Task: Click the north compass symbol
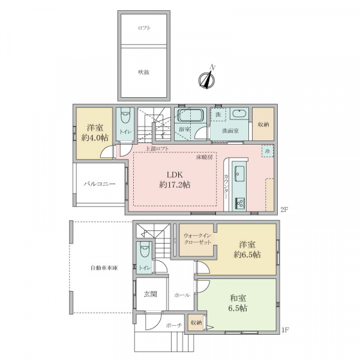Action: [x=207, y=79]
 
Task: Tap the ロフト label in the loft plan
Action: [x=144, y=28]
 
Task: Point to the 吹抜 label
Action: [x=144, y=73]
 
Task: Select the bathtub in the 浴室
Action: [x=190, y=115]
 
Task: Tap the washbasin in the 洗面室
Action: [x=239, y=113]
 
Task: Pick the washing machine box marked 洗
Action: [x=218, y=115]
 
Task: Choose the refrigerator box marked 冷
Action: [x=268, y=151]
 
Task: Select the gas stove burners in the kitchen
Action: [x=240, y=203]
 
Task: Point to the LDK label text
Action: [x=175, y=175]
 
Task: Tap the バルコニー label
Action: [x=99, y=184]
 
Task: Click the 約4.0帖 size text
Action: [x=95, y=138]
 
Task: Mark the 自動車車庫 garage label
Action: [x=104, y=268]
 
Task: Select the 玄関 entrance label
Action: [x=151, y=294]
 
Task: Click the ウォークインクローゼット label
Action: [x=197, y=239]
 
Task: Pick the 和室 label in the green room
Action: [x=238, y=298]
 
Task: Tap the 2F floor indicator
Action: [x=284, y=209]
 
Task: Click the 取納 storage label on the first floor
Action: [x=196, y=323]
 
